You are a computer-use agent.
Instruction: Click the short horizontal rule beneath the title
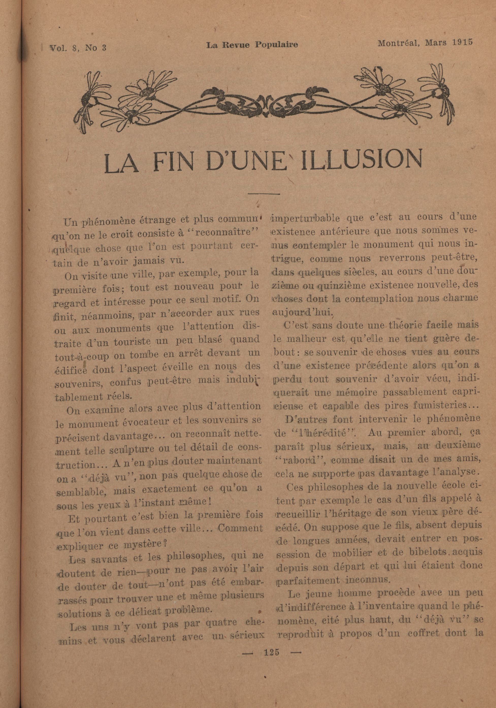coord(264,194)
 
